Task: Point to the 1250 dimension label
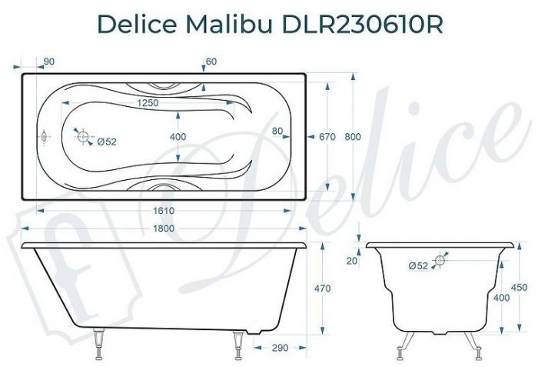point(148,103)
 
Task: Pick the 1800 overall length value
point(163,229)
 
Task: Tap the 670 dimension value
point(327,137)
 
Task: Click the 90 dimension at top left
point(49,62)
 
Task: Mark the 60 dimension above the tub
point(211,62)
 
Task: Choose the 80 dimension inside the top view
point(277,131)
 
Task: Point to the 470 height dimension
point(323,289)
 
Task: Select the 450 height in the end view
point(519,288)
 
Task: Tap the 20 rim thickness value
point(351,262)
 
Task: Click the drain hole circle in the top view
point(82,135)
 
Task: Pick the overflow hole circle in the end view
point(440,260)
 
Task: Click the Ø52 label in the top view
point(107,141)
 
